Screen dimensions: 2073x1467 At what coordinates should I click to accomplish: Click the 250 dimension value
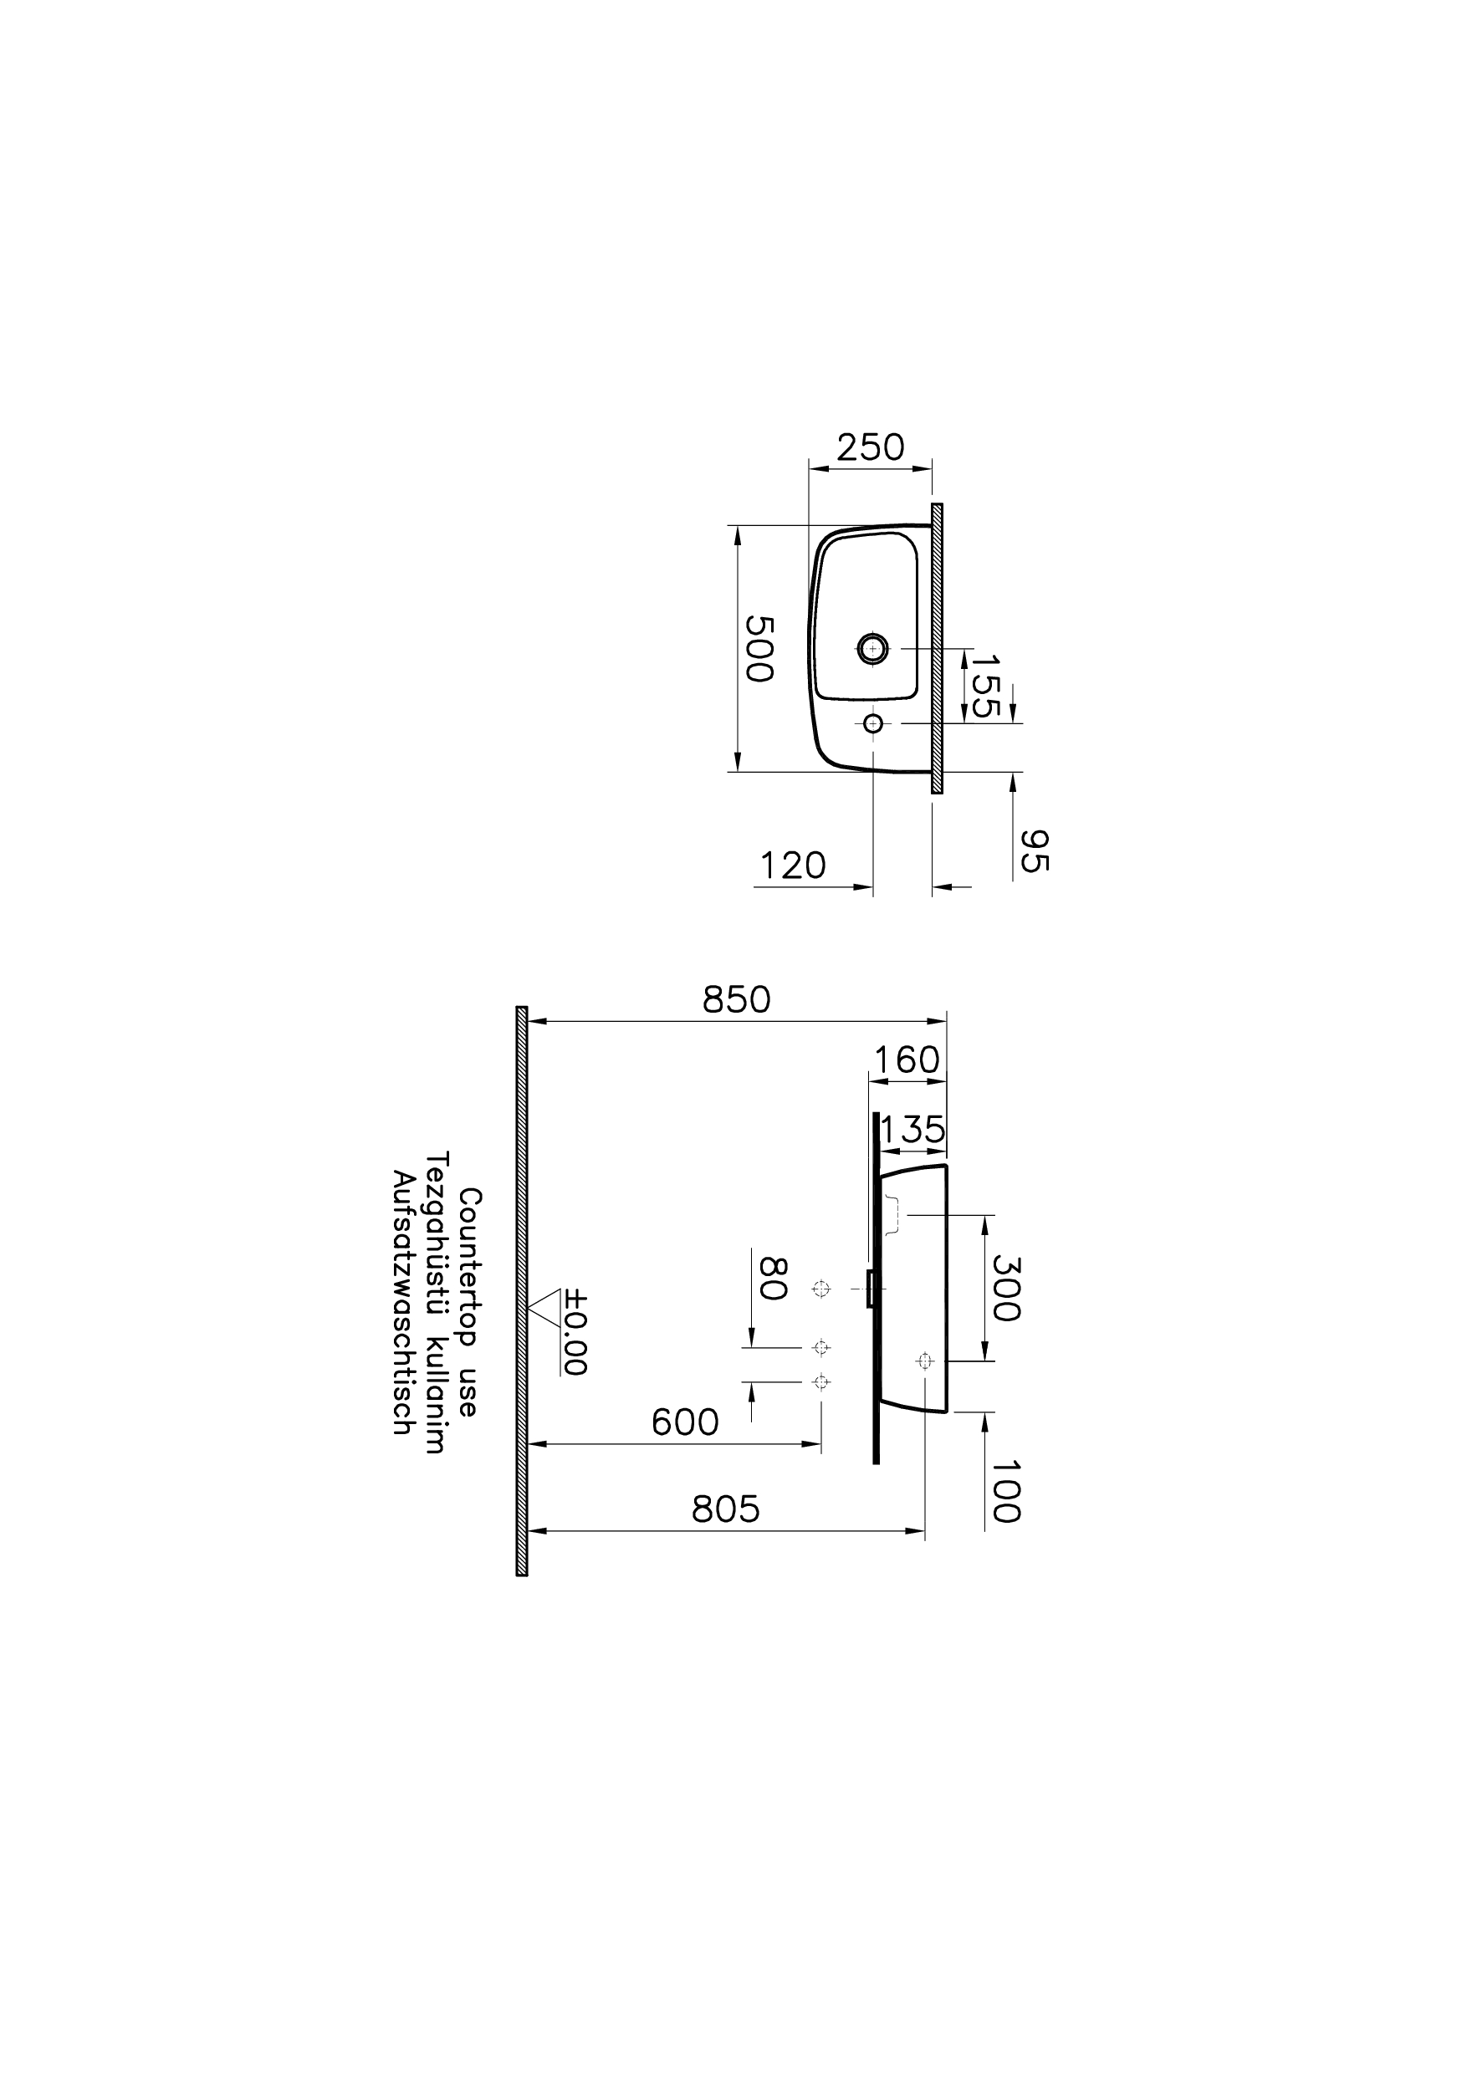(870, 448)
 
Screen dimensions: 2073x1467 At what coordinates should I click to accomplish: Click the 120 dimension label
(792, 866)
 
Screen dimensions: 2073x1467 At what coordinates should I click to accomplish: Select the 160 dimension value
(906, 1060)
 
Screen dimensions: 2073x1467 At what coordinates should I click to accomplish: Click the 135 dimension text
(912, 1130)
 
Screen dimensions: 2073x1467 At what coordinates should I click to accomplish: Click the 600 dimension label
(685, 1423)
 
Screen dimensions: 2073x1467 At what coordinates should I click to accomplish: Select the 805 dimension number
(725, 1509)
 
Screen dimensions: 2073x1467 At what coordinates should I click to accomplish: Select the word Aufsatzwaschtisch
(402, 1302)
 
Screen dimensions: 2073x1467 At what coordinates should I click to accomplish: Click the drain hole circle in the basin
(872, 647)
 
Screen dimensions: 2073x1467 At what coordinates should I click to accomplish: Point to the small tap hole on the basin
(872, 722)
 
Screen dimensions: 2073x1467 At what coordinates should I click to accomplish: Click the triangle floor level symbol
(544, 1306)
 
